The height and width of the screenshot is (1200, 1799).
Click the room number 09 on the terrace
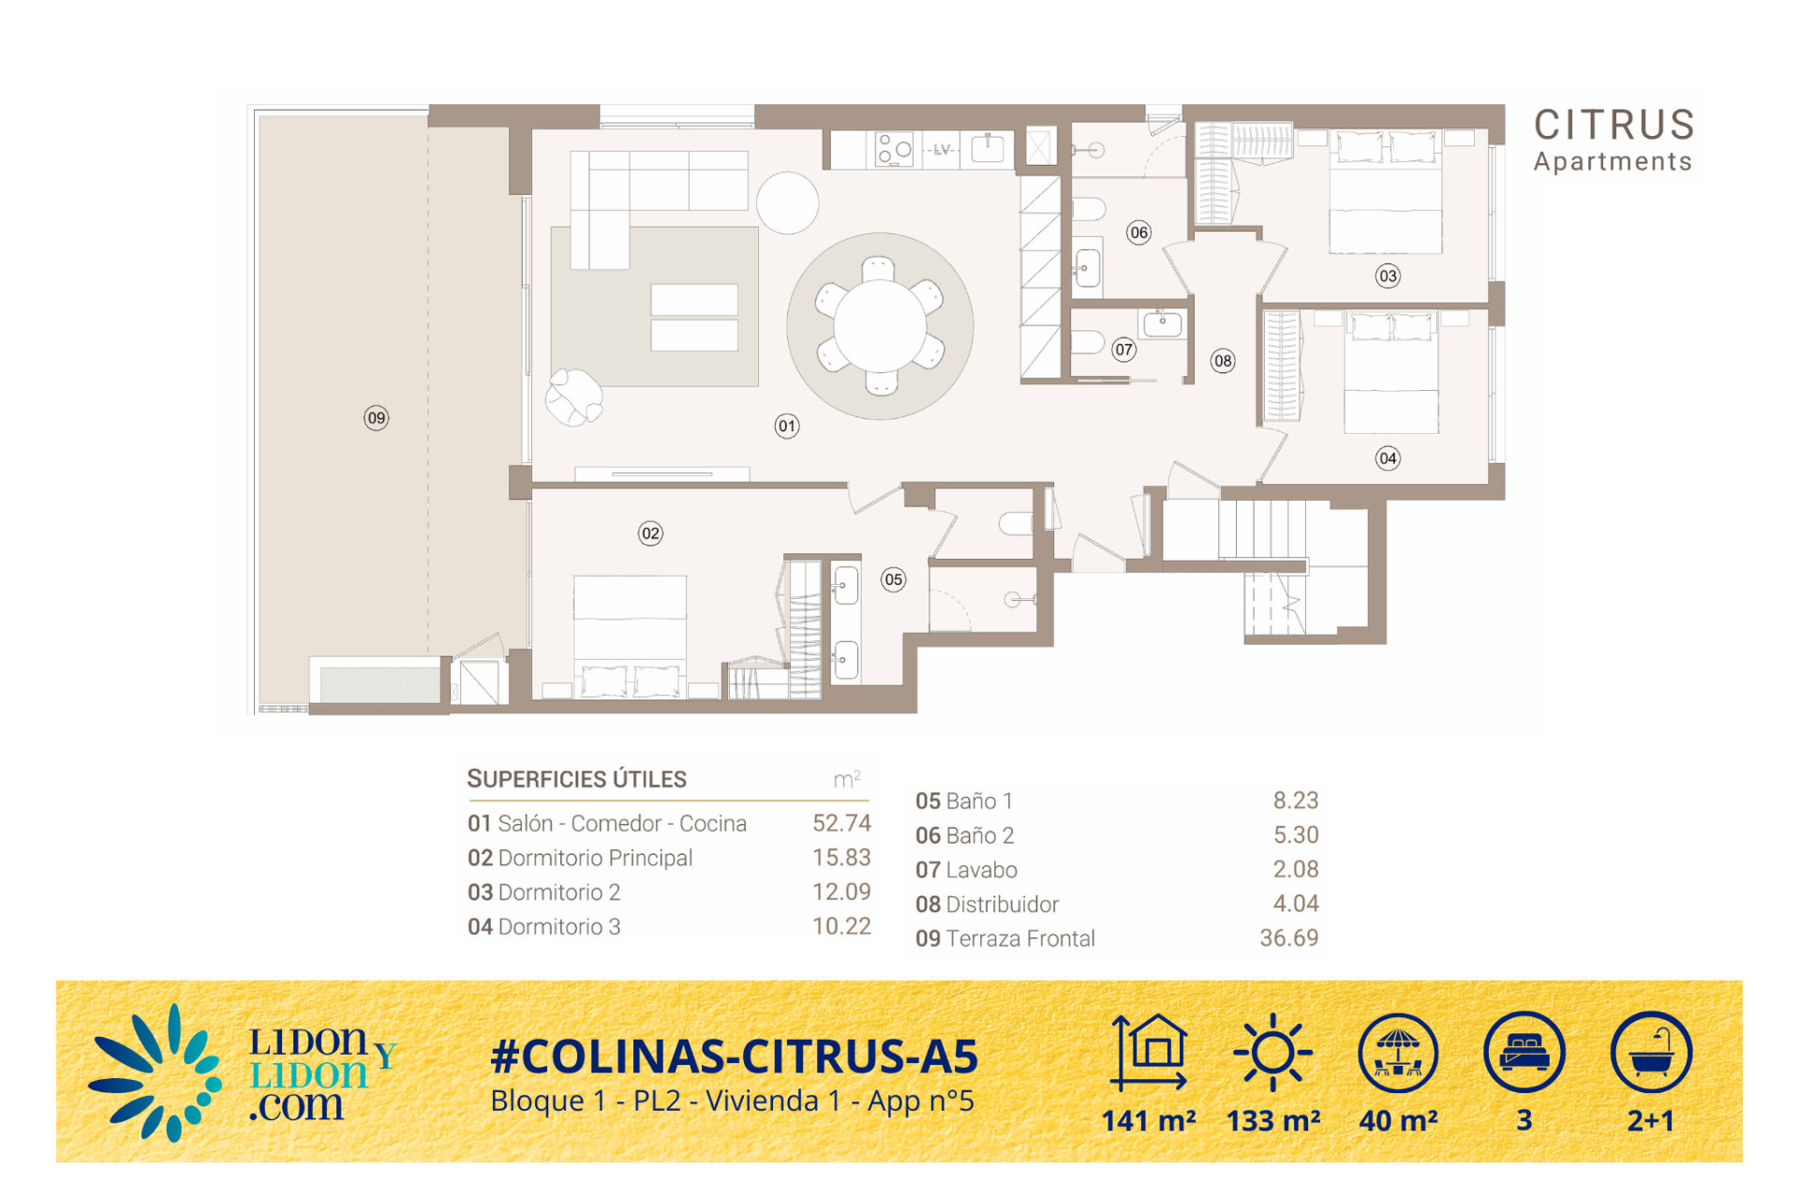click(376, 418)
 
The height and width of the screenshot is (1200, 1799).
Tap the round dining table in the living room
click(880, 325)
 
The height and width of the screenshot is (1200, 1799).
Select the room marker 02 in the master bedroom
click(650, 533)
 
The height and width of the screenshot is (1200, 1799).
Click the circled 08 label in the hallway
click(1223, 361)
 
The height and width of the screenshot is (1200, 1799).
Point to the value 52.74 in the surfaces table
click(841, 823)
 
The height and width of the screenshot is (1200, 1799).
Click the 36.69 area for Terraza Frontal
click(1288, 937)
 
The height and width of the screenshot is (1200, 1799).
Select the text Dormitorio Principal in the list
click(595, 858)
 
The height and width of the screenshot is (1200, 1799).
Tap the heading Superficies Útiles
click(576, 779)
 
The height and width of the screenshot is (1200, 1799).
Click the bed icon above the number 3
click(1524, 1052)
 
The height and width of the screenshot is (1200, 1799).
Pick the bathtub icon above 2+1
click(1651, 1052)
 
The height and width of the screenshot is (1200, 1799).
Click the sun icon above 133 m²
click(1272, 1052)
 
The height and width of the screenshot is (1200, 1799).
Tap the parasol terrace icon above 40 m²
click(1398, 1052)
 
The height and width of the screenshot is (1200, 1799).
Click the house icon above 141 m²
click(1150, 1052)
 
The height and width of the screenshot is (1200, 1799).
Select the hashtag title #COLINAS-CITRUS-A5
click(735, 1057)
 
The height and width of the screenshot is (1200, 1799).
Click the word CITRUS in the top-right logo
click(1614, 125)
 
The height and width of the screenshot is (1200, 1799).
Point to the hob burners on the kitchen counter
click(894, 149)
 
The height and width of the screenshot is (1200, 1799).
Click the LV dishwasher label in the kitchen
click(942, 149)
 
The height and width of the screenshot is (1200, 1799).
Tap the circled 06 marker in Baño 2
click(1138, 232)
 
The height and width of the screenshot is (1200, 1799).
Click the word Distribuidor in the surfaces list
click(1003, 904)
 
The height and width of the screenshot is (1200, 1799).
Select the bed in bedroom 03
click(1386, 192)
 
